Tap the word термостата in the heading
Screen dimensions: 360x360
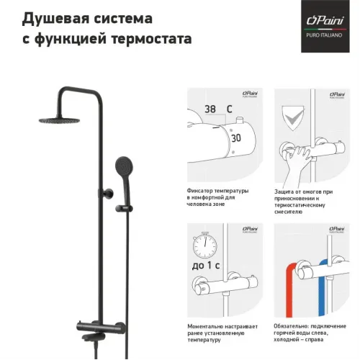pos(153,37)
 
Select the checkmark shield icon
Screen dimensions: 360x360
pos(292,116)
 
